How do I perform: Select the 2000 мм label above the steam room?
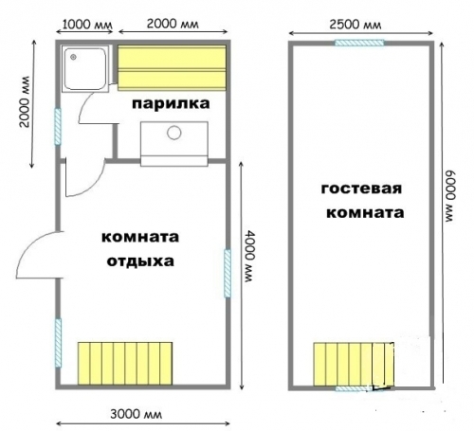pyautogui.click(x=173, y=24)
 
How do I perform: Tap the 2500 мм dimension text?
pyautogui.click(x=355, y=25)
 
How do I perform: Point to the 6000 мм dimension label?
pyautogui.click(x=451, y=196)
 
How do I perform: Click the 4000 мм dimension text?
pyautogui.click(x=250, y=256)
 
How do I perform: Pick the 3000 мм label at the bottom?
pyautogui.click(x=137, y=414)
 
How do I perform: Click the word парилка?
pyautogui.click(x=171, y=103)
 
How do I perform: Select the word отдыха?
pyautogui.click(x=140, y=261)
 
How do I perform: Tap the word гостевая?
pyautogui.click(x=361, y=189)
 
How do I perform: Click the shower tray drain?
pyautogui.click(x=74, y=57)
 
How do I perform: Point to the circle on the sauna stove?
pyautogui.click(x=173, y=133)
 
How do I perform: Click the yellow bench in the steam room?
pyautogui.click(x=172, y=68)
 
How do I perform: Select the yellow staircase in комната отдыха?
pyautogui.click(x=125, y=364)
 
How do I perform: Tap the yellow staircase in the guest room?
pyautogui.click(x=354, y=364)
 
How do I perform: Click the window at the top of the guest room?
pyautogui.click(x=359, y=43)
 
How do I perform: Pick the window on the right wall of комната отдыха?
pyautogui.click(x=228, y=274)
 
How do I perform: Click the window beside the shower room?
pyautogui.click(x=58, y=127)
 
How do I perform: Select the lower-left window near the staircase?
pyautogui.click(x=58, y=343)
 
